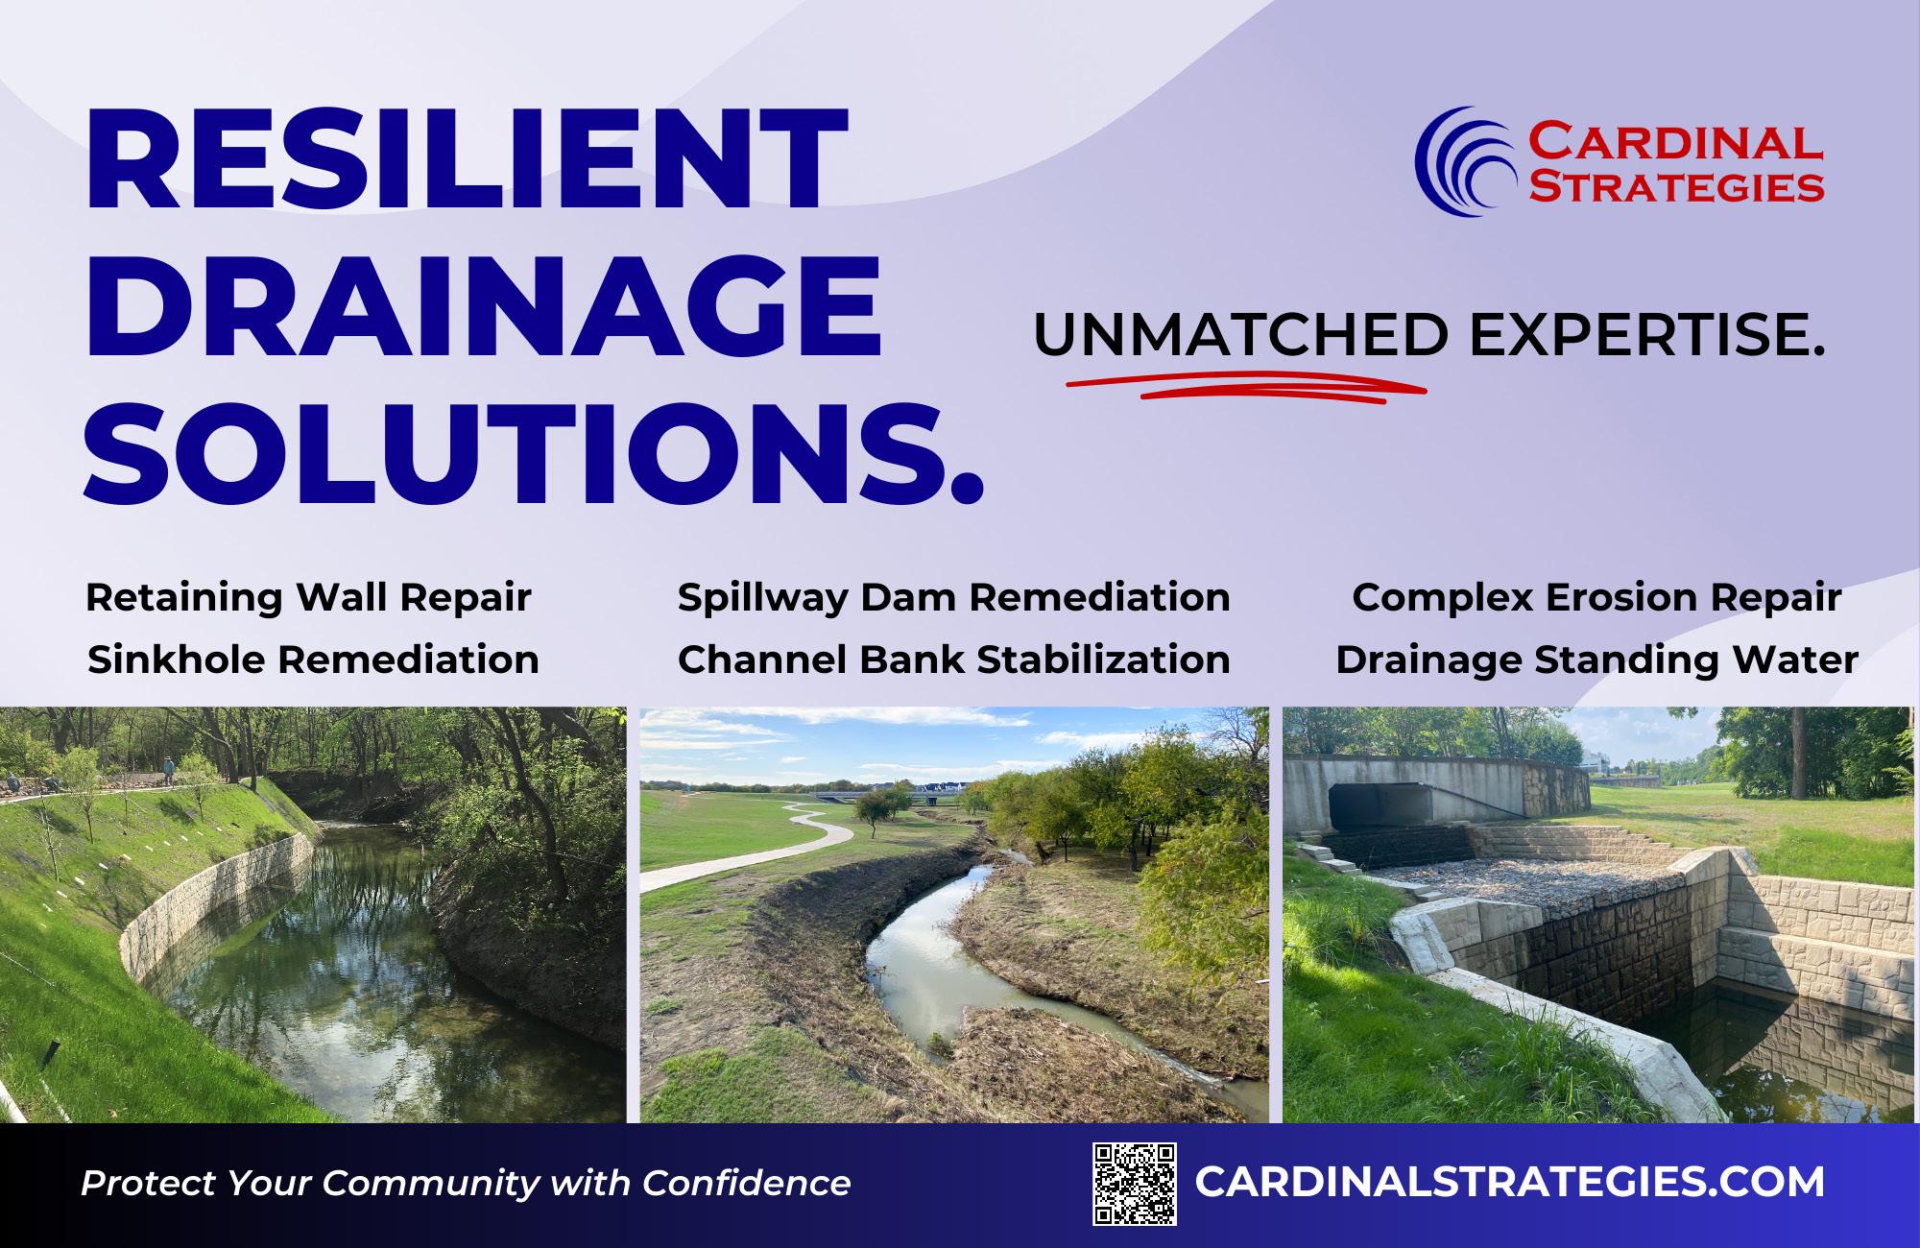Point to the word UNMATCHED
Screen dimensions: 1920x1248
(1240, 334)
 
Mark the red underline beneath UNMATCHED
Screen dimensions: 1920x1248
(1246, 386)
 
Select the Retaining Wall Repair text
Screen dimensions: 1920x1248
(308, 598)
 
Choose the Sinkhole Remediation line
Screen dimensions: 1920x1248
(313, 660)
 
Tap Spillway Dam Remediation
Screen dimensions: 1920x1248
(953, 598)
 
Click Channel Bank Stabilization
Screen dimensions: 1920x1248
(953, 660)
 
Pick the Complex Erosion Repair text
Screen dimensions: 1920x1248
(1596, 598)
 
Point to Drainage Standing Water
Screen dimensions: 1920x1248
(1596, 660)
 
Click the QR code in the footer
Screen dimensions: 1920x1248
(1136, 1184)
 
